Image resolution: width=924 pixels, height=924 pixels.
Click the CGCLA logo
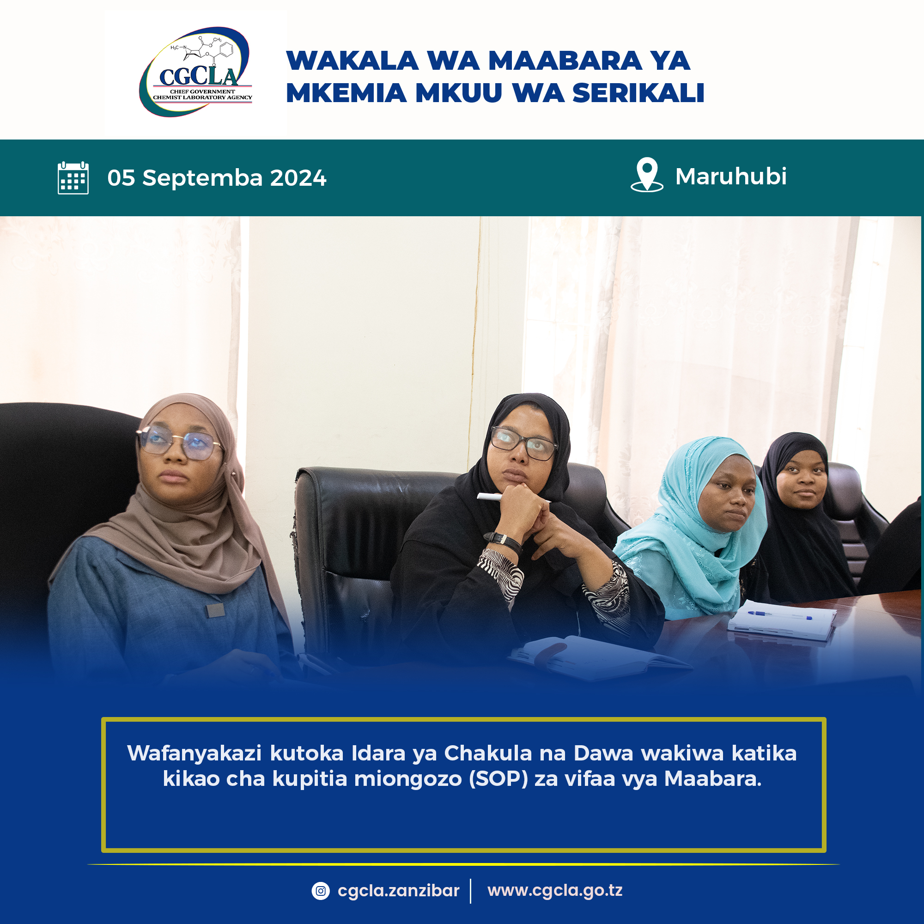(195, 72)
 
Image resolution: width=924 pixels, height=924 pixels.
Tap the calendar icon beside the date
(73, 178)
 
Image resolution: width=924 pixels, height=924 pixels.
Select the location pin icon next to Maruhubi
(647, 175)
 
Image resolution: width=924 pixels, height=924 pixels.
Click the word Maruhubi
(731, 176)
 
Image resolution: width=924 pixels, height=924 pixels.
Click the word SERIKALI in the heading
(638, 93)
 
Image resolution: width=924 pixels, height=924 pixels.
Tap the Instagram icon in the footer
(321, 891)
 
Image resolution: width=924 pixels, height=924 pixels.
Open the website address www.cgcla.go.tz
(555, 891)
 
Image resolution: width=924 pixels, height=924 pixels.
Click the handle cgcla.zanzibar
(398, 891)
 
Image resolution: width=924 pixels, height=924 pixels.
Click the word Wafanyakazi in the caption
(194, 754)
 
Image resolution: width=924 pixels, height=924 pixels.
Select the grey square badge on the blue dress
(215, 610)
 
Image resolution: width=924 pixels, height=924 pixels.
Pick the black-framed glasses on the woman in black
(524, 443)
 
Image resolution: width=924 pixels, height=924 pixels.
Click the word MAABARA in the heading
(565, 61)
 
